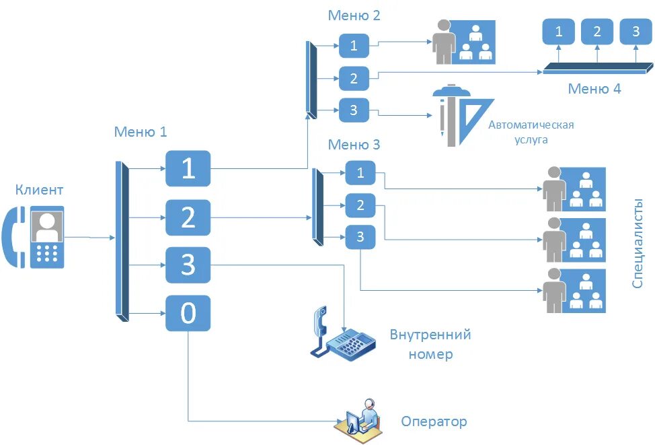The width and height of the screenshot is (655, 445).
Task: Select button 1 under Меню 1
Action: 188,168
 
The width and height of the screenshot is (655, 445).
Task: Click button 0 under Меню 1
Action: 188,313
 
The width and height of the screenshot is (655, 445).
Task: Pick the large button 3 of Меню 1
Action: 188,265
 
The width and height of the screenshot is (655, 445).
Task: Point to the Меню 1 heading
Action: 140,132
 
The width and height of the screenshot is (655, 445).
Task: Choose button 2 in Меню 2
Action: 354,79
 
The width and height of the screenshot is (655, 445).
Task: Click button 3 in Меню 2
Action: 354,110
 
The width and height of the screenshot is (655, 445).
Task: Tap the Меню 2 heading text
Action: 354,15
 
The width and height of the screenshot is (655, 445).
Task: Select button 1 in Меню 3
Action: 360,174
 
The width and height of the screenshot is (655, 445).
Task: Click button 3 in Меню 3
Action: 360,236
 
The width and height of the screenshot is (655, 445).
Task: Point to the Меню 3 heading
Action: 354,145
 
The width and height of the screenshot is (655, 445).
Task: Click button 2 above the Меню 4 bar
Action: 597,32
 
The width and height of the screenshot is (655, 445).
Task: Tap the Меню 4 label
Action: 594,89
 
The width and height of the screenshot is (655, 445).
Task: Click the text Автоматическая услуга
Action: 531,132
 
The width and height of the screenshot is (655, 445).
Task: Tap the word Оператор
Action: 434,422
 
